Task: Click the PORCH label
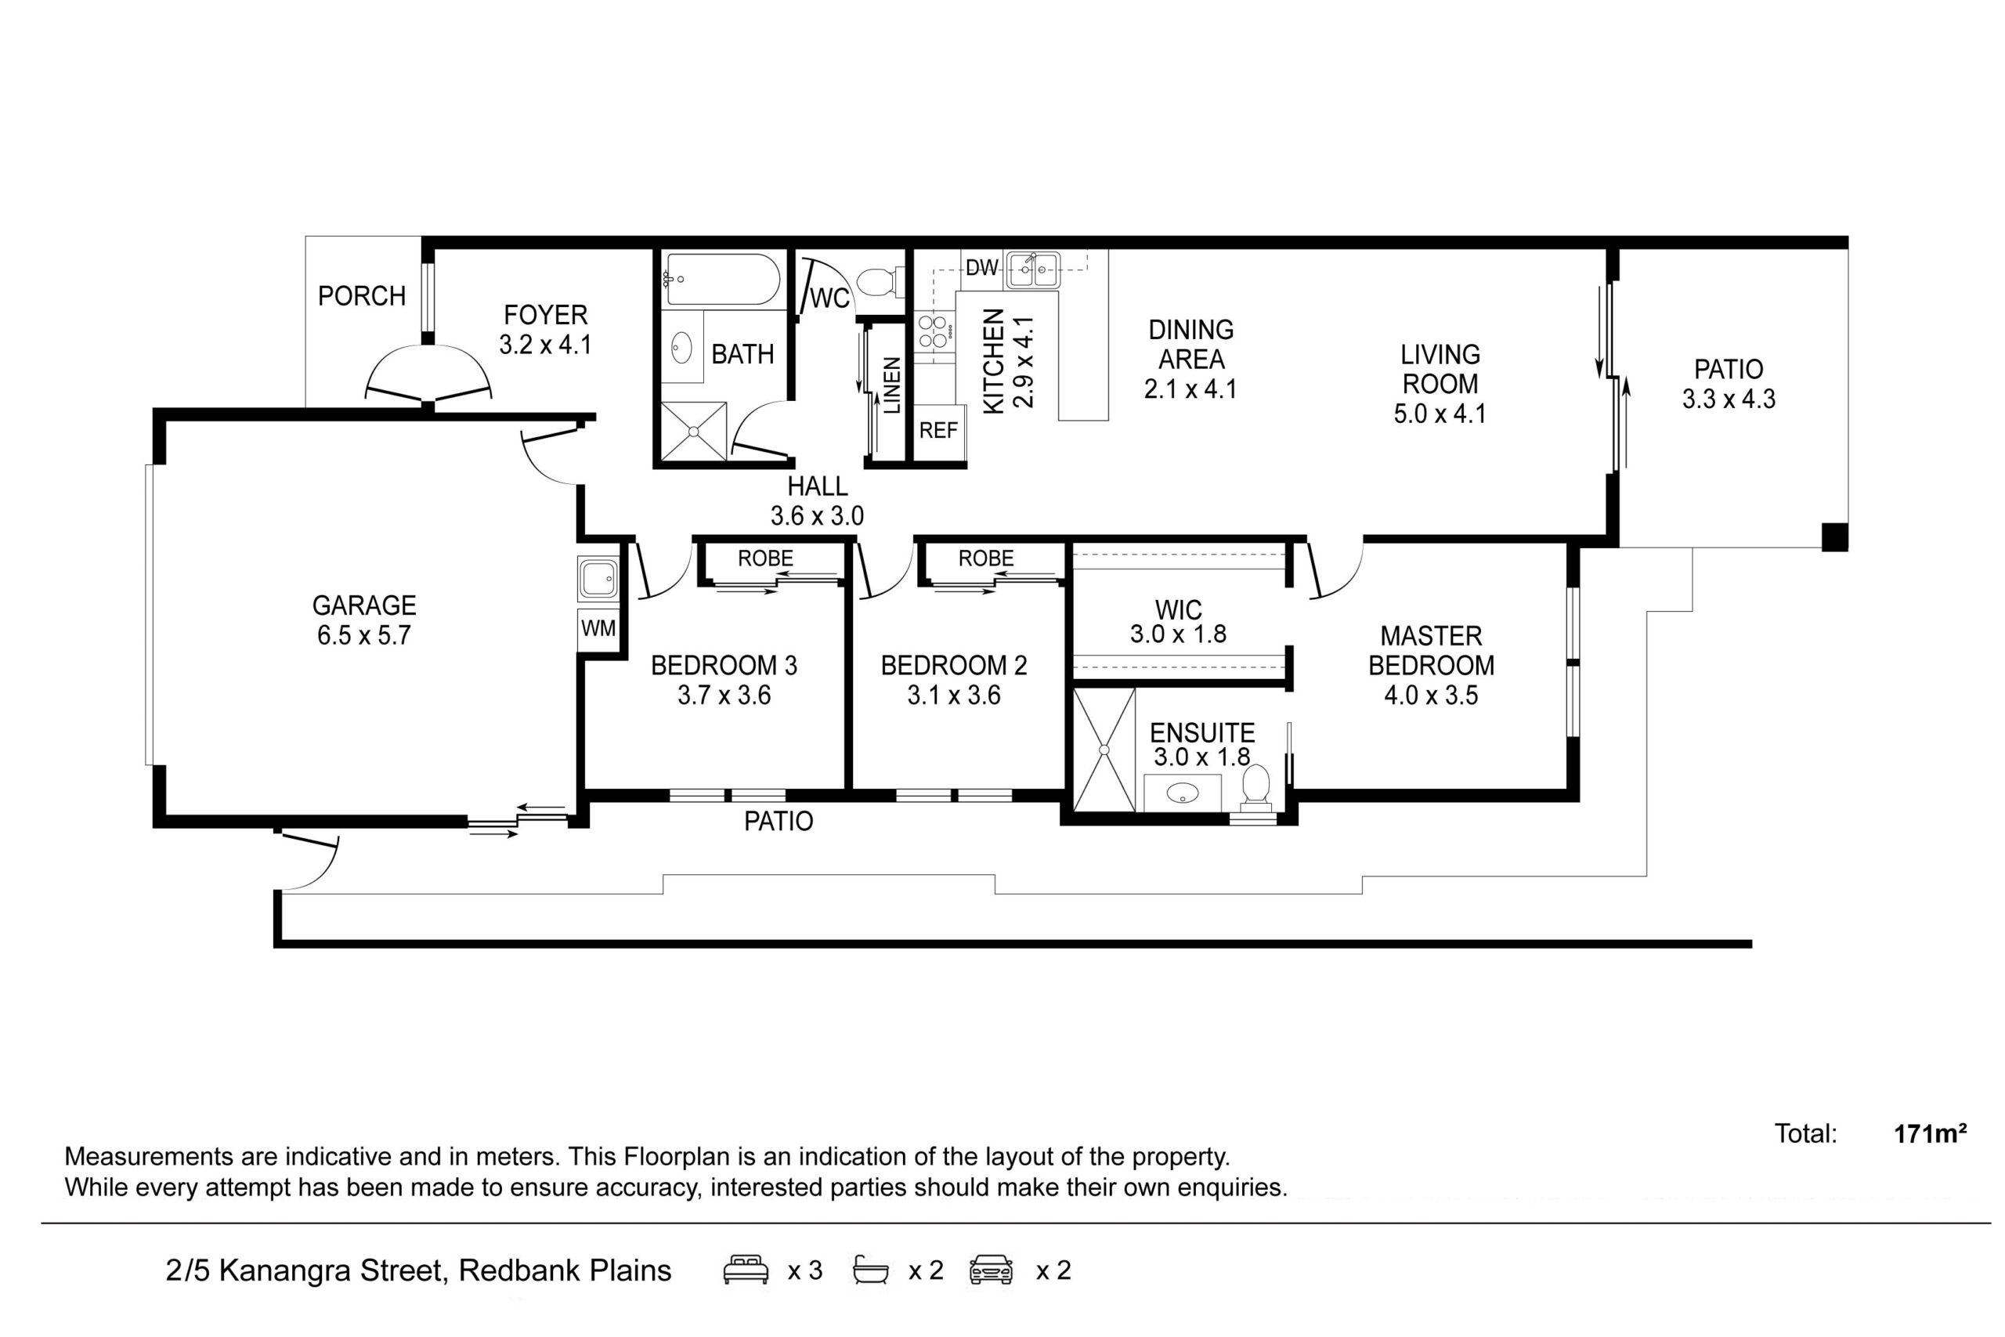[x=361, y=296]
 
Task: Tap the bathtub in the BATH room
[x=722, y=279]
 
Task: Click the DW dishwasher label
[x=981, y=268]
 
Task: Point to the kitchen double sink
[x=1033, y=270]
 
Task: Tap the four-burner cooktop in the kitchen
[x=934, y=331]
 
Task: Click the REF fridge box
[x=938, y=431]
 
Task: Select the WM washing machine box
[x=598, y=628]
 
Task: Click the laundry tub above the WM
[x=598, y=578]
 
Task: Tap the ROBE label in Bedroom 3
[x=765, y=558]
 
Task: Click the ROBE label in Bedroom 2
[x=986, y=558]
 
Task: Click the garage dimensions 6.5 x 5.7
[x=364, y=635]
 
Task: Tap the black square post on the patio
[x=1835, y=537]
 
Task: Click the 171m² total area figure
[x=1930, y=1133]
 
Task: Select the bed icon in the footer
[x=746, y=1270]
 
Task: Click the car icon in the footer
[x=992, y=1270]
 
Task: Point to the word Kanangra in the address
[x=331, y=1270]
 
